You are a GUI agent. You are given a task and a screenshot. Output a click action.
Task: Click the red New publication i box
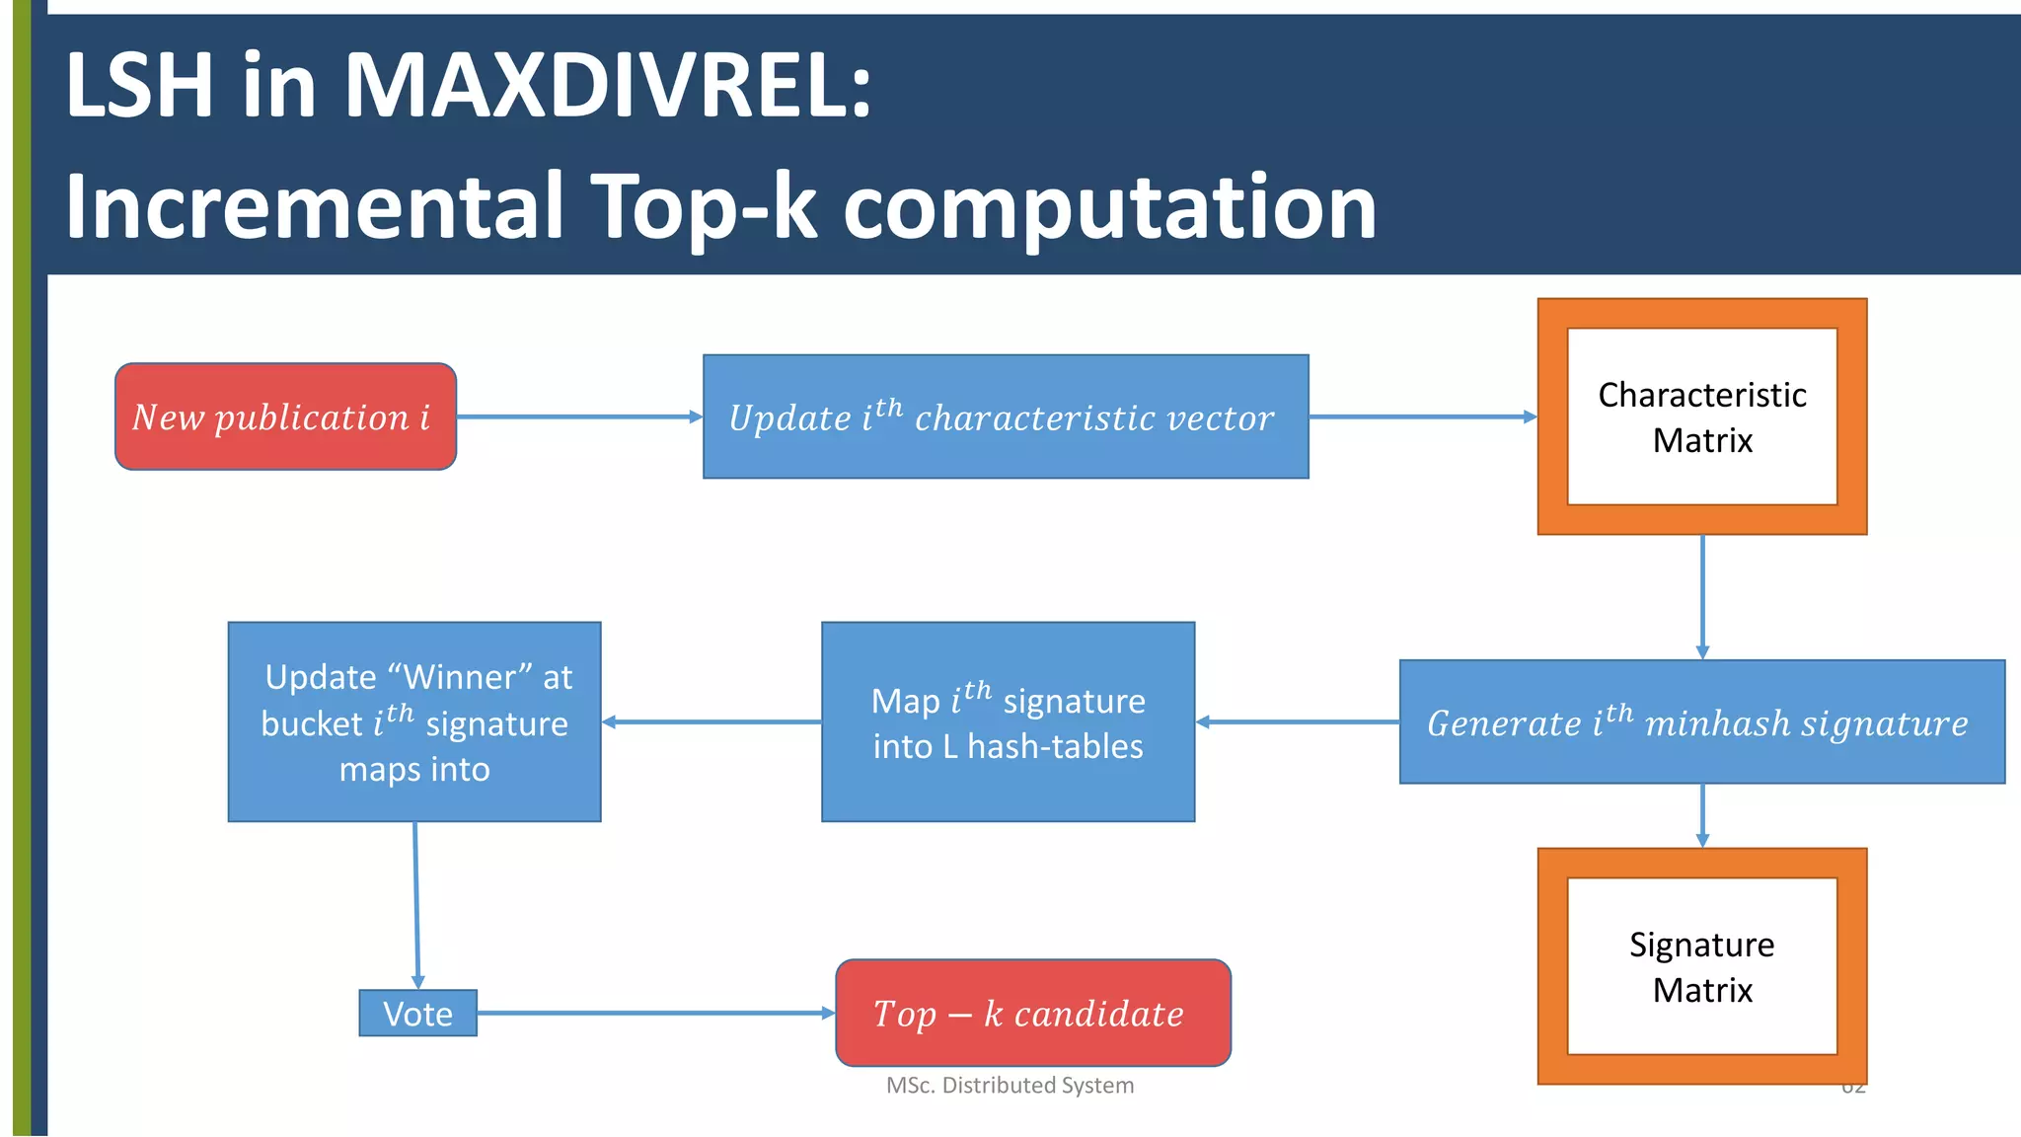[285, 417]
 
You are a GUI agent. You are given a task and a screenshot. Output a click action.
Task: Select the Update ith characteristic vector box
[1005, 417]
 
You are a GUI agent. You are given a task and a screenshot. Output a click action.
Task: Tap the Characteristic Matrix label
[1701, 417]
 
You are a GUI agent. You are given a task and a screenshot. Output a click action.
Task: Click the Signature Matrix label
[1701, 966]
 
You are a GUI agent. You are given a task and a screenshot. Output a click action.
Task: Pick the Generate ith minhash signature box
[1701, 722]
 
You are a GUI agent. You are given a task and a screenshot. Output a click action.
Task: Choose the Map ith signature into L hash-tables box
[1008, 722]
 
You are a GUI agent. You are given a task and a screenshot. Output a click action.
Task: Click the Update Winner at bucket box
[414, 722]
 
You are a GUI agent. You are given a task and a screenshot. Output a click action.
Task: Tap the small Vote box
[417, 1014]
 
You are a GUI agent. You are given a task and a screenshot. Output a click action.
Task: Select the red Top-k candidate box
[1032, 1014]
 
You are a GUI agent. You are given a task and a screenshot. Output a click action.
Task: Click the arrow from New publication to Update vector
[579, 417]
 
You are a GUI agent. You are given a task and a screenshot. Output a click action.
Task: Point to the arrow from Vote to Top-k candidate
[655, 1013]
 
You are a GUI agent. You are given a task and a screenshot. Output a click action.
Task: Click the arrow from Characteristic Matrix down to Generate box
[1702, 597]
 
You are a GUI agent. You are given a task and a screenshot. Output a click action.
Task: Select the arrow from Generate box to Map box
[1298, 722]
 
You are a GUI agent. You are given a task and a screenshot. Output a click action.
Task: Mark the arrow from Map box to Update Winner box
[711, 722]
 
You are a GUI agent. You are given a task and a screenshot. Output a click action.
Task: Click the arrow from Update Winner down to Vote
[416, 904]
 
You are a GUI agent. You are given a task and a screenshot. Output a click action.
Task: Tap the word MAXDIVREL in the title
[606, 86]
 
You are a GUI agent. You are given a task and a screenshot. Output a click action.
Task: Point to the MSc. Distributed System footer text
[1010, 1085]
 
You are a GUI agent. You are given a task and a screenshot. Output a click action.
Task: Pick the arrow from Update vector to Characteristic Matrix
[1423, 417]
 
